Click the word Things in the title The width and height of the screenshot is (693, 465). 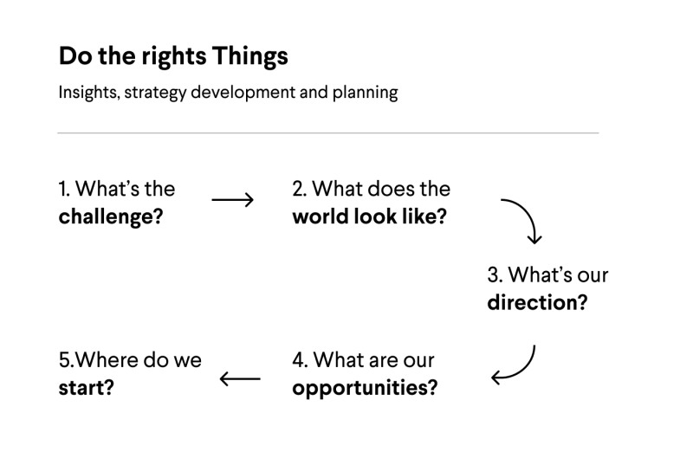click(x=250, y=57)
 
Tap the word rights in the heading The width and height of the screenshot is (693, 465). click(x=174, y=57)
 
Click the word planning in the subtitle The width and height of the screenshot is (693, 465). click(x=365, y=93)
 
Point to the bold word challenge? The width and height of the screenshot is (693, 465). click(x=111, y=216)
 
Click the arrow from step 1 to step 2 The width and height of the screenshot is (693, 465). click(x=232, y=200)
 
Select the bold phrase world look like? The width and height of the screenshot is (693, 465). click(x=370, y=216)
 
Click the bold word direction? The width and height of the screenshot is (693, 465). click(x=537, y=302)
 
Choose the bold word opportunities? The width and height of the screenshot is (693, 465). click(x=365, y=388)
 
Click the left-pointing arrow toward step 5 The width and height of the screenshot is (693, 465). click(x=240, y=379)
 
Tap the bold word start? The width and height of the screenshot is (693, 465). click(x=86, y=388)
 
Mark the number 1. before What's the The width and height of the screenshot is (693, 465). click(x=64, y=189)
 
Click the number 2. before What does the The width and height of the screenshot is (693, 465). click(x=300, y=189)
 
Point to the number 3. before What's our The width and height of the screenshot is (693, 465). click(x=495, y=274)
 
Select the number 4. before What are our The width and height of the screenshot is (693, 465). click(x=300, y=360)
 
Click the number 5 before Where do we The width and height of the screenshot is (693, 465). click(x=65, y=360)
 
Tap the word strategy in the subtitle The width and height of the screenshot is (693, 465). click(x=155, y=93)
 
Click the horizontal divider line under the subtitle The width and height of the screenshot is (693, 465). click(x=328, y=132)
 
